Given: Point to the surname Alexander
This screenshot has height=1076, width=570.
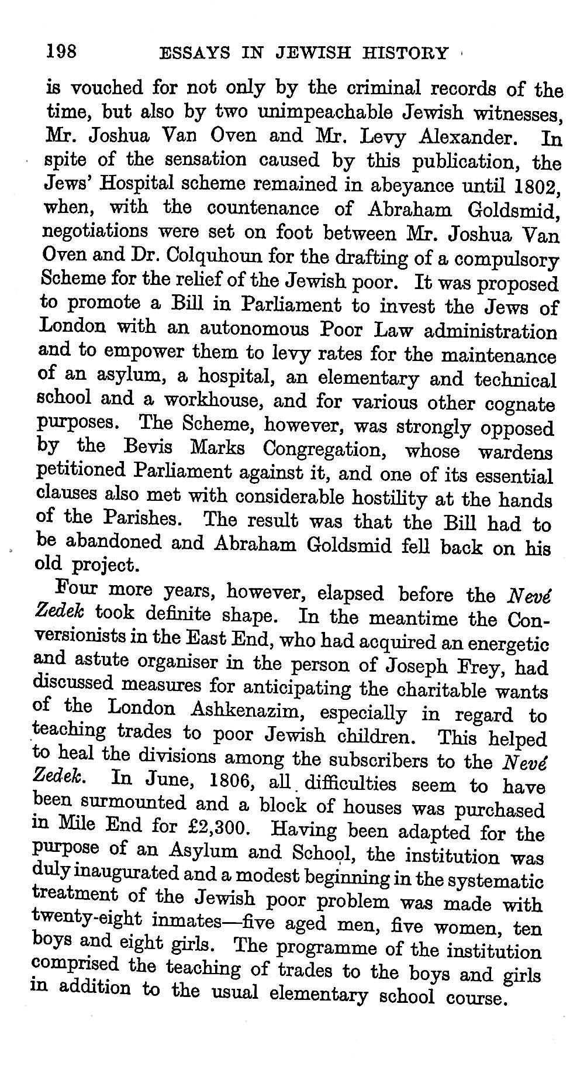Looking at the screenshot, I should [x=467, y=137].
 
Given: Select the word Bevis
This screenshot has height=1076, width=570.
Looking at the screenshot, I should [x=148, y=448].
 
